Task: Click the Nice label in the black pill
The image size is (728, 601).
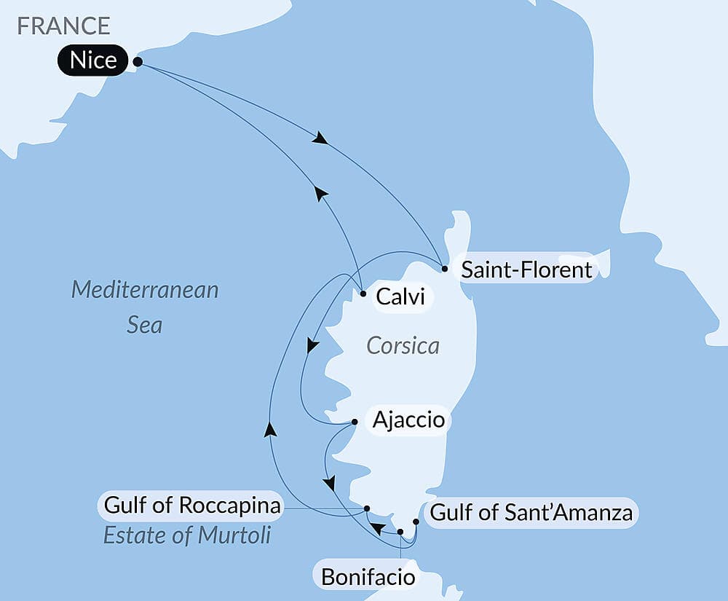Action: coord(94,60)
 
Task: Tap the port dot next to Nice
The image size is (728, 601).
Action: coord(138,63)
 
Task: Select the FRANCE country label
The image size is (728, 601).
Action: coord(64,25)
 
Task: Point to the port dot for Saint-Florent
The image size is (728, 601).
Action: coord(445,269)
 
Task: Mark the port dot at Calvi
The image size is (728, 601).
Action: coord(363,294)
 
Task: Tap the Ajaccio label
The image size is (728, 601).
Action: coord(408,420)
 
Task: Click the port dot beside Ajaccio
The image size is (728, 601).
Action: coord(355,422)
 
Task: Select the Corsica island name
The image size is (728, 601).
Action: coord(403,345)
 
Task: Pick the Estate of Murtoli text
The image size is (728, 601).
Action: coord(187,536)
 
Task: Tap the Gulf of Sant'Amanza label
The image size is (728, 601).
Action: coord(531,513)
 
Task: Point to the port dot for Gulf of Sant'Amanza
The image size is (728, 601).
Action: coord(416,522)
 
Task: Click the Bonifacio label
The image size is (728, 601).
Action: coord(368,578)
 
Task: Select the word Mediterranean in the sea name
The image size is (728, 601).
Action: coord(145,290)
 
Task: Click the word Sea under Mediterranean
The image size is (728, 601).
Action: coord(144,324)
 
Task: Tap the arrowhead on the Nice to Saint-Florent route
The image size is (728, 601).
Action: coord(319,138)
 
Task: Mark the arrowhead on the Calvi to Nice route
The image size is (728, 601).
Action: coord(320,192)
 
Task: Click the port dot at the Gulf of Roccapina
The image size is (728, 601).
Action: coord(367,508)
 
